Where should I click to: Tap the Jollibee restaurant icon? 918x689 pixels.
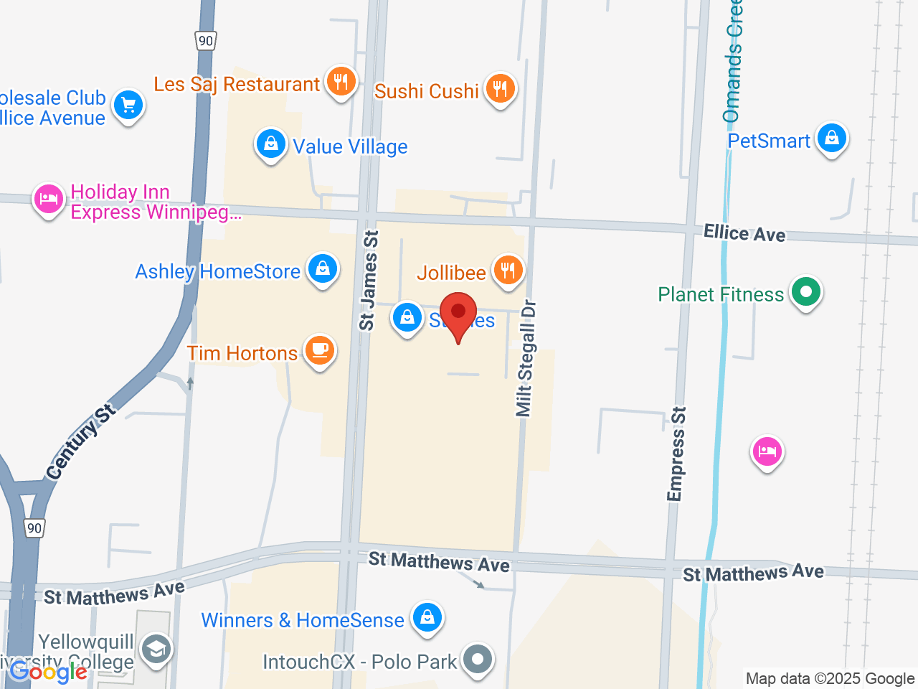508,270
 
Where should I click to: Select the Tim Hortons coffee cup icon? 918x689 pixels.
319,350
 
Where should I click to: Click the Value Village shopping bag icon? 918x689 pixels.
271,144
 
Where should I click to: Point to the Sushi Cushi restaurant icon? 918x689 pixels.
500,88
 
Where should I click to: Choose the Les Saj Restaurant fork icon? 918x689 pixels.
341,82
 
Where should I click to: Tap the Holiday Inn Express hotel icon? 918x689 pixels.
49,199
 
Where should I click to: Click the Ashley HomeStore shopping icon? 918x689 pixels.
323,268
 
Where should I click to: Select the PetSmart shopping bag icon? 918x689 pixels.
832,137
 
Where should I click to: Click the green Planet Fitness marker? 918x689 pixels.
806,292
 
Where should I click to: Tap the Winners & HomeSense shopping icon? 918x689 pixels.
427,617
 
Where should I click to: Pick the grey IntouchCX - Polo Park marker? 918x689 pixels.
478,658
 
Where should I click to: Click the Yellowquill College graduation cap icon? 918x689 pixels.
155,650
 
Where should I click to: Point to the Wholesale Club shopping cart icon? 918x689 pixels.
128,106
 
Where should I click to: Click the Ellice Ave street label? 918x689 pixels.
744,233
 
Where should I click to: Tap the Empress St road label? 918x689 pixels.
676,454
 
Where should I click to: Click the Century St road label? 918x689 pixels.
80,442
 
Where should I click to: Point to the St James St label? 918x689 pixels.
368,280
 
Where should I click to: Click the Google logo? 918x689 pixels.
48,672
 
